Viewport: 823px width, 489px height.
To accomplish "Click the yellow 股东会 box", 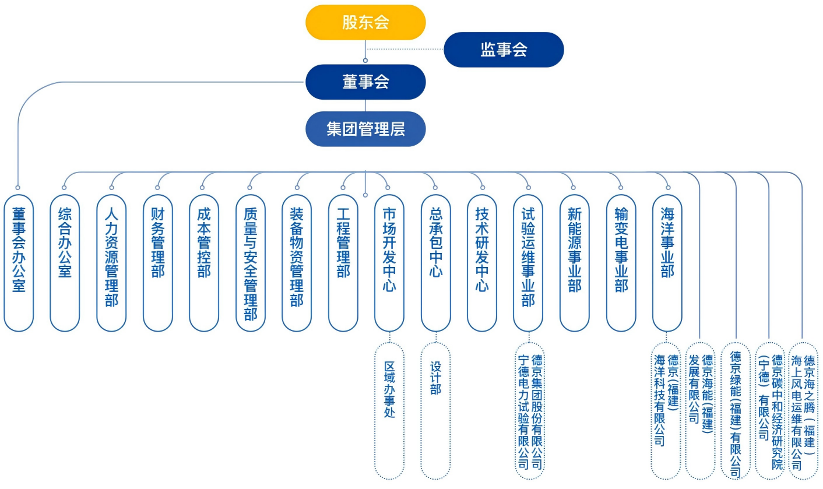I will [x=365, y=23].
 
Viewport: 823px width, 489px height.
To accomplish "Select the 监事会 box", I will [x=504, y=50].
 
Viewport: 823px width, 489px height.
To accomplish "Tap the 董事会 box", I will [x=365, y=82].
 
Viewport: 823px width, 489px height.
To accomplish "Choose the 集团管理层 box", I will [x=365, y=129].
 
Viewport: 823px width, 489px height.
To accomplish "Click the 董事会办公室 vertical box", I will [x=19, y=262].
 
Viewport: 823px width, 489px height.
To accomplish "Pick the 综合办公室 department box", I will [x=65, y=262].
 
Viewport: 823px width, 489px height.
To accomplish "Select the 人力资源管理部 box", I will [x=111, y=262].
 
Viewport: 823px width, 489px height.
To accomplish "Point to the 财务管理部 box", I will [x=157, y=262].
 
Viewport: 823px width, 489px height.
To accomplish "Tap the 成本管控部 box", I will [x=203, y=262].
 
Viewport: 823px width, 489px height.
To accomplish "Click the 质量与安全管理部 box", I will [x=250, y=262].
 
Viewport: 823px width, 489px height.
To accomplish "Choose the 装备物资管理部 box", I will [x=296, y=262].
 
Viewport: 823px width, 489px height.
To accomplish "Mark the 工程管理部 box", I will [x=343, y=262].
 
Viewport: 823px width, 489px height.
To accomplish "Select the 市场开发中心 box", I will [x=389, y=262].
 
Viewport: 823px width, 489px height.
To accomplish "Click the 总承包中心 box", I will [x=435, y=262].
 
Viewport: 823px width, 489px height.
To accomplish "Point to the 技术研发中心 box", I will [x=481, y=262].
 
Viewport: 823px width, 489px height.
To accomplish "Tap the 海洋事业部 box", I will [x=667, y=262].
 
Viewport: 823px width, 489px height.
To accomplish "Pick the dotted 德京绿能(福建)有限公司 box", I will [x=736, y=411].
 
